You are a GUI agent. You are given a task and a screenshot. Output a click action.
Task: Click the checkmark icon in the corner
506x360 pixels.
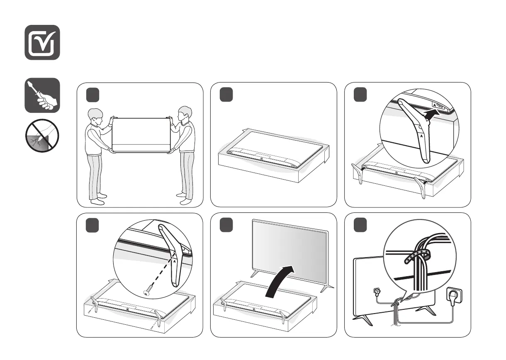click(x=42, y=42)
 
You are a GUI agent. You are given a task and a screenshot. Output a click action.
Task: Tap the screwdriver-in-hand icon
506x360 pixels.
click(x=42, y=95)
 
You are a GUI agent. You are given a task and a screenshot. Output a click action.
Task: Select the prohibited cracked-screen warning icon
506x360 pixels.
click(x=42, y=136)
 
